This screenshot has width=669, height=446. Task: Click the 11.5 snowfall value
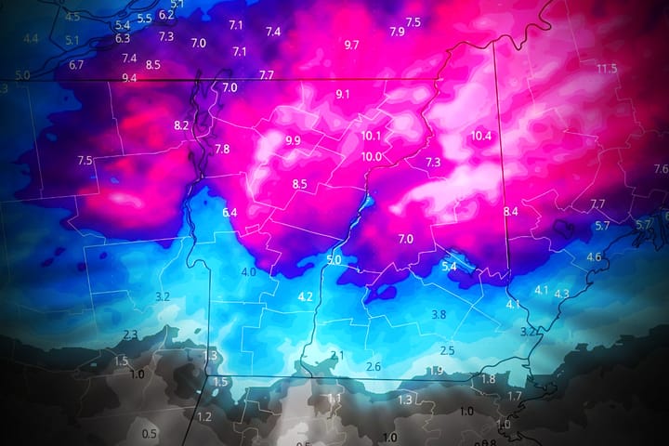pos(607,68)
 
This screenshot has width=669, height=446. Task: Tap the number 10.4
pos(481,136)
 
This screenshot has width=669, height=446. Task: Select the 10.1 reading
pos(372,136)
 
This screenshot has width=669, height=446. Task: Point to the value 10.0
pos(372,156)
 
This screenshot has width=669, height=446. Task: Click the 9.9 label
pos(294,140)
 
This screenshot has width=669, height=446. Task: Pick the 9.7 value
pos(351,45)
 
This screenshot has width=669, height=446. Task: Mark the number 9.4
pos(129,78)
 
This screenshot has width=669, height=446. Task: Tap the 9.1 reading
pos(343,94)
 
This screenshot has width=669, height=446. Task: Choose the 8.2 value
pos(181,125)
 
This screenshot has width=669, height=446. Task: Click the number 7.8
pos(222,150)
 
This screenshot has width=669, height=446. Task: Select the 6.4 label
pos(230,213)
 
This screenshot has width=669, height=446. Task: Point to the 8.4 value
pos(510,213)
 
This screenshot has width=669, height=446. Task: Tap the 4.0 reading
pos(248,272)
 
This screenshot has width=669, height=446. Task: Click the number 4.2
pos(305,297)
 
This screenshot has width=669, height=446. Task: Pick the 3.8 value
pos(439,315)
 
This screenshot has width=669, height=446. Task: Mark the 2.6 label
pos(374,367)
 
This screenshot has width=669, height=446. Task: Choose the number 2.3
pos(130,334)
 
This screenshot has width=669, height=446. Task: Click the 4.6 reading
pos(594,256)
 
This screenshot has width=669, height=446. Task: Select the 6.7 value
pos(76,65)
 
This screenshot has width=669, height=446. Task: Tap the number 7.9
pos(397,32)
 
